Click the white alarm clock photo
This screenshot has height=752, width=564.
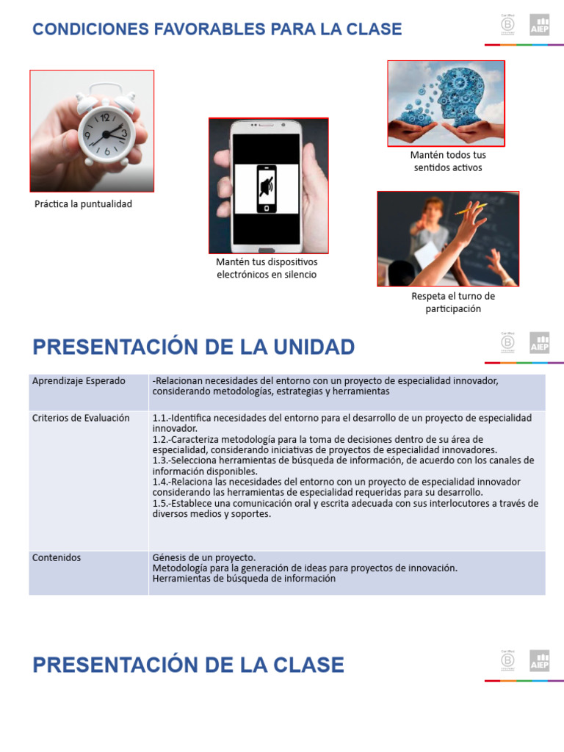click(x=92, y=131)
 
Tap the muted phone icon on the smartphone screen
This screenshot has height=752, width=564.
click(x=267, y=189)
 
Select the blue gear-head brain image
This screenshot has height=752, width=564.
click(x=446, y=103)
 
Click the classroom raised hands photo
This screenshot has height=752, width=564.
click(x=447, y=239)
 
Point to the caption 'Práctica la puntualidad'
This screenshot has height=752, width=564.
click(x=83, y=204)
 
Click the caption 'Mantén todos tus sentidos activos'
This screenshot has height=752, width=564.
click(x=447, y=162)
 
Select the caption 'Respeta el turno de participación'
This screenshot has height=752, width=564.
click(x=452, y=303)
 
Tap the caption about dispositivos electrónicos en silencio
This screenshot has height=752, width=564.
click(x=267, y=268)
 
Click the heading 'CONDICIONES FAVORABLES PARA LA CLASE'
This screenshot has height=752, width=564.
click(x=217, y=29)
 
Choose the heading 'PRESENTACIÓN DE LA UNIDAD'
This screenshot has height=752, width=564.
click(x=194, y=347)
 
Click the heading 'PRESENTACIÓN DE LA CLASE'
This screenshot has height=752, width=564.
click(x=189, y=665)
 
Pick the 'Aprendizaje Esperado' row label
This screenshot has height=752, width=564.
click(x=79, y=381)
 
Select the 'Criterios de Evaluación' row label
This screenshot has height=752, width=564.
click(x=81, y=418)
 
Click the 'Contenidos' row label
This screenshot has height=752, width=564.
click(x=57, y=557)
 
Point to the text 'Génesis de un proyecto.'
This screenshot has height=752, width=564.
click(x=204, y=557)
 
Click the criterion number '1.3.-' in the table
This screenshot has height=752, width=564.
click(x=164, y=460)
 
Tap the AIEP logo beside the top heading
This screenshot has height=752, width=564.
click(x=540, y=25)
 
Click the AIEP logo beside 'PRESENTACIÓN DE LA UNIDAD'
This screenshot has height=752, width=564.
click(x=540, y=343)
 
